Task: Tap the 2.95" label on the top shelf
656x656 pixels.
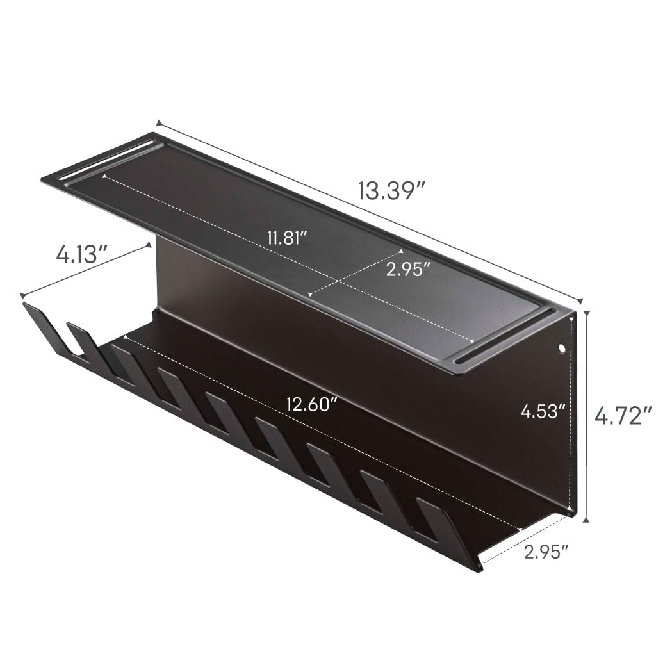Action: [407, 270]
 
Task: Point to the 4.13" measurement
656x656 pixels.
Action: [80, 255]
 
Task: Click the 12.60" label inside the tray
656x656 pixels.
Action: [313, 405]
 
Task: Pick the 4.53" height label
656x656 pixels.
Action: [543, 411]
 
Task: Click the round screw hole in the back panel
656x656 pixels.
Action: [562, 349]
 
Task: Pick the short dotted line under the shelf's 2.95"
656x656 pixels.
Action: [356, 272]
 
